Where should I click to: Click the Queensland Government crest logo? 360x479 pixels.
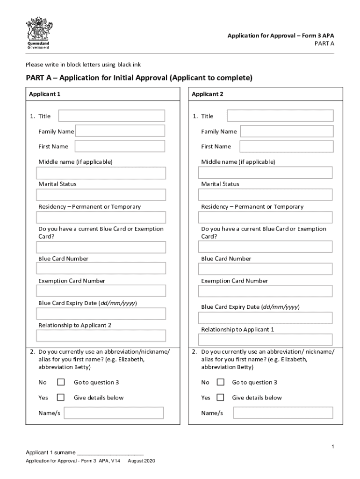coord(38,33)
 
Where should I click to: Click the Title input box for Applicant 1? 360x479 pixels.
coord(111,116)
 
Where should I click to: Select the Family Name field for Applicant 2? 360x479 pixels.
coord(287,131)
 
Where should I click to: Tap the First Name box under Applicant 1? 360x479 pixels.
coord(120,146)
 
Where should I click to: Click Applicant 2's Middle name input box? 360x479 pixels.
coord(265,173)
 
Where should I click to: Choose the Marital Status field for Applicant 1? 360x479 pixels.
coord(101,195)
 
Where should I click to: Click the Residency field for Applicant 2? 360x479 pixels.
coord(265,218)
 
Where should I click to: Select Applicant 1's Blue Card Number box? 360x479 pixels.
coord(101,269)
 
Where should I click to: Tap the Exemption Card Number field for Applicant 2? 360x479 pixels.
coord(265,291)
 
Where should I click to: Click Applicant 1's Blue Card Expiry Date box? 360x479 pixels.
coord(101,313)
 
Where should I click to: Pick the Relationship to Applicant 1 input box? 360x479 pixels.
coord(265,340)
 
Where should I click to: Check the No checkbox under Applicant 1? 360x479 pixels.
coord(61,382)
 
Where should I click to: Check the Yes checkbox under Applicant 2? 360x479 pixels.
coord(220,398)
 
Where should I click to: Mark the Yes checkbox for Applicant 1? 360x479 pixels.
coord(61,398)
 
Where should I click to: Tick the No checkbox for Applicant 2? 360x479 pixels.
coord(220,382)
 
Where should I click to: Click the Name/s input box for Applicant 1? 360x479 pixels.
coord(114,413)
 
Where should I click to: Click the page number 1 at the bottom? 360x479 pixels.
coord(332,447)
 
